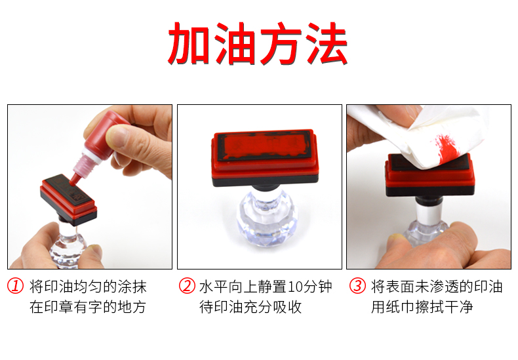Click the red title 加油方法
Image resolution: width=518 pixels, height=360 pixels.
pos(258,43)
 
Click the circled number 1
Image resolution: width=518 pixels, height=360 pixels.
pos(16,286)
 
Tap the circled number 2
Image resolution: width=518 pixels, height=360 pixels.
pos(187,286)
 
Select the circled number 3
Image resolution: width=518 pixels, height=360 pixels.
pos(357,286)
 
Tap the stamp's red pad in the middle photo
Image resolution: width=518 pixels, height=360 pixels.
pos(264,146)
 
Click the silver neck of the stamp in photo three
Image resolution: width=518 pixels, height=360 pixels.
pos(429,214)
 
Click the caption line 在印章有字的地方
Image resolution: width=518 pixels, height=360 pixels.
pos(88,307)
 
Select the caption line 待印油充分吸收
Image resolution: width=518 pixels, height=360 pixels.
pos(250,307)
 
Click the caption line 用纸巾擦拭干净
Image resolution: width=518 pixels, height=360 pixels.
pos(422,307)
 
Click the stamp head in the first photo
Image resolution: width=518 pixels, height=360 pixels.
pos(68,199)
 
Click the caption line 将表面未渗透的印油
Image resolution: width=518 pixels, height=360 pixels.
pos(437,287)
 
